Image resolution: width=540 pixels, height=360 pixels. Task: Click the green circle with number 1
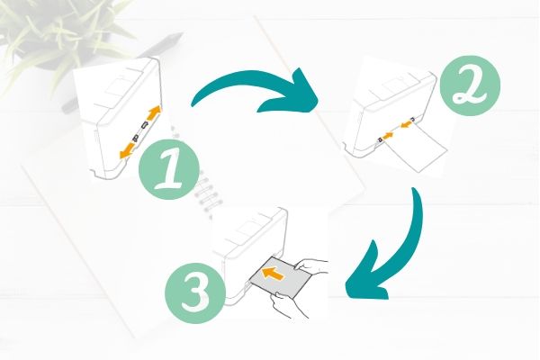169,169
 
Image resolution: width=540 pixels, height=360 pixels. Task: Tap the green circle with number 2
470,85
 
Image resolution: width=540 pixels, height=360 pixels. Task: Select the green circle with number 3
195,293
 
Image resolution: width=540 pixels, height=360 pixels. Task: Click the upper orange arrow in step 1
154,112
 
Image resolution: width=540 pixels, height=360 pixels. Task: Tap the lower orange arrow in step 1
127,151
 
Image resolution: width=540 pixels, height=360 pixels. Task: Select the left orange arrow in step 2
387,136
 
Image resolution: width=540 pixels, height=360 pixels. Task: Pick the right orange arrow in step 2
406,123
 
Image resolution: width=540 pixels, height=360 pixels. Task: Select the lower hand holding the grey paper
289,304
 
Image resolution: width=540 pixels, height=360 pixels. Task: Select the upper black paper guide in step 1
145,125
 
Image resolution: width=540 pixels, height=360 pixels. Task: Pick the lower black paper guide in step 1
136,139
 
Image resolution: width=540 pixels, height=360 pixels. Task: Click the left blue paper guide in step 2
380,139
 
